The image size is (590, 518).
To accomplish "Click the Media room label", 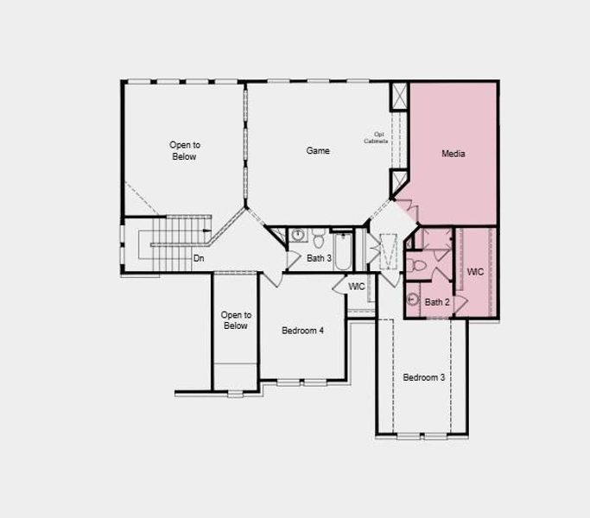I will (x=453, y=154).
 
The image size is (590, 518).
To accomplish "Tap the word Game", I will (x=318, y=151).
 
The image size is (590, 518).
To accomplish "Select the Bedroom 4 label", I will (x=303, y=331).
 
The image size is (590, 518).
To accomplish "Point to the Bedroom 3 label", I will (x=424, y=378).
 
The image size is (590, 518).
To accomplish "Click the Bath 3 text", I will (x=319, y=258).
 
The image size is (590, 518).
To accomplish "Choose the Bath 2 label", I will (x=436, y=302).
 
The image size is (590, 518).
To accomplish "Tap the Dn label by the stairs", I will (x=199, y=258).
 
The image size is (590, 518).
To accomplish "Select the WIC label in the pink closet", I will (x=476, y=272).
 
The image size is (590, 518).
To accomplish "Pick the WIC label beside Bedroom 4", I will (x=357, y=286).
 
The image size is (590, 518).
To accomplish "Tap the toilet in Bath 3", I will (x=318, y=237).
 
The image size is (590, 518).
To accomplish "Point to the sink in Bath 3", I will (x=298, y=235).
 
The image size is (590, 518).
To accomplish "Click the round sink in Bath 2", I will (x=414, y=300).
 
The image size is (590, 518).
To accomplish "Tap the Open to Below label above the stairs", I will (x=184, y=151).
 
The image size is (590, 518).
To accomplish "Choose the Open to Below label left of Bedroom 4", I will (x=235, y=320).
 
